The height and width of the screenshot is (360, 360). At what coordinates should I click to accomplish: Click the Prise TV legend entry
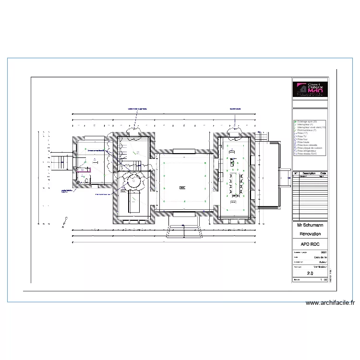[x=302, y=136]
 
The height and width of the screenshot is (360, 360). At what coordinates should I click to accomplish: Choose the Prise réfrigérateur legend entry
[x=308, y=151]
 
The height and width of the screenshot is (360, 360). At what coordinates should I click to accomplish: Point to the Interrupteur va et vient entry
[x=311, y=127]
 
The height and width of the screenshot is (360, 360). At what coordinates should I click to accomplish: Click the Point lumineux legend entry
[x=305, y=130]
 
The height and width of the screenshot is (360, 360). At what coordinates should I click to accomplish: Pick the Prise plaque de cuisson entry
[x=310, y=148]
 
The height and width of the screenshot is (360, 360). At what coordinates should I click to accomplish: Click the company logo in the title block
[x=310, y=89]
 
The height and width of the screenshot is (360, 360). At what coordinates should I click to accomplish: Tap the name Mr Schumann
[x=310, y=225]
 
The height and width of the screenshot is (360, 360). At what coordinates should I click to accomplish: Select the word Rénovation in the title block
[x=310, y=234]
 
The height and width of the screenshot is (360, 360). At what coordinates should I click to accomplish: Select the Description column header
[x=309, y=173]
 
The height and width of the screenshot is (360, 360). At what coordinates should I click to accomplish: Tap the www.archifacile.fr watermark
[x=330, y=303]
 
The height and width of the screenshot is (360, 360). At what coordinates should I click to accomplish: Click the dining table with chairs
[x=235, y=184]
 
